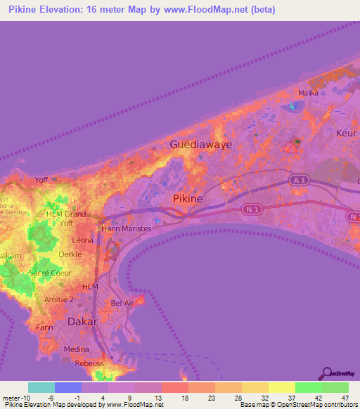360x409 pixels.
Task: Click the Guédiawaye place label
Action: pos(200,144)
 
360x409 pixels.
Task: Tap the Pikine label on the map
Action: pos(188,199)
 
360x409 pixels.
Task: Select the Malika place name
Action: pos(309,93)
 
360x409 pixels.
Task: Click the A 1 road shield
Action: pos(300,181)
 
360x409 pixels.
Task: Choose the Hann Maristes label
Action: pos(127,228)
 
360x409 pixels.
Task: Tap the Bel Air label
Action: pos(122,303)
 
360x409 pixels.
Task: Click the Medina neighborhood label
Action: pos(77,349)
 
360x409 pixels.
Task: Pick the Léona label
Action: pos(82,239)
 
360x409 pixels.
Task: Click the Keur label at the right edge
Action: pos(347,133)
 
